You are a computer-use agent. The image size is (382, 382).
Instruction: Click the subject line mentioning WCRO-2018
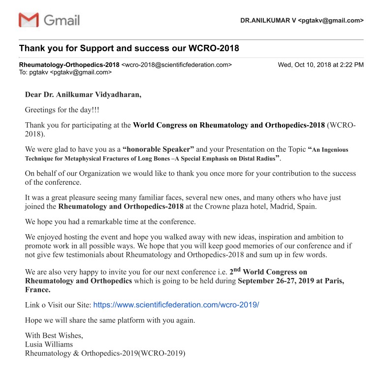[129, 48]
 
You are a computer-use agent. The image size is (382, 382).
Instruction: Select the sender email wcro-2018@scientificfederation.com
[176, 65]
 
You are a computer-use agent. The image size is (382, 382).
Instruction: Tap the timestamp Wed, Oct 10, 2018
[320, 65]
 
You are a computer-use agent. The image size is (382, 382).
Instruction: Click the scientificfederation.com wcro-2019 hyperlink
[176, 305]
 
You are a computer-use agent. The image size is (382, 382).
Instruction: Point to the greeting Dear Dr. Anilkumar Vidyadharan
[83, 95]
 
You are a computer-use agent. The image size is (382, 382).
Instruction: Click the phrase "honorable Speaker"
[158, 149]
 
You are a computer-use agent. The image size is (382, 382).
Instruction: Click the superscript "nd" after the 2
[237, 270]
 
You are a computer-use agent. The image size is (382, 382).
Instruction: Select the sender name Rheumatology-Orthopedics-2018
[69, 65]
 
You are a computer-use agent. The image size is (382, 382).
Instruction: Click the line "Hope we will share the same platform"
[110, 320]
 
